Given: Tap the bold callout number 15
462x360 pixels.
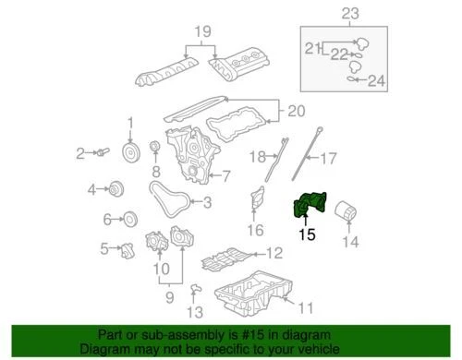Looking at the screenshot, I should click(307, 235).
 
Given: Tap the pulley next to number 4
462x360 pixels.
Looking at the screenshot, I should click(116, 190).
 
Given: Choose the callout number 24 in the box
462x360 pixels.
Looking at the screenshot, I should click(374, 80).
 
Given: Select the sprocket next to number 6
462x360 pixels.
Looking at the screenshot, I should click(129, 220).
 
